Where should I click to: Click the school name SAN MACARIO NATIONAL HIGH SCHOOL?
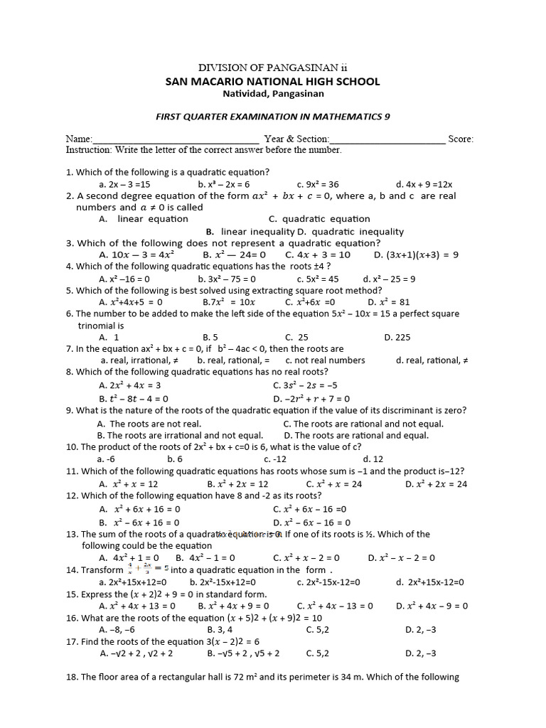tap(273, 81)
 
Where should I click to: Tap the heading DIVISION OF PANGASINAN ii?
tap(272, 67)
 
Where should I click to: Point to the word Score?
tap(461, 139)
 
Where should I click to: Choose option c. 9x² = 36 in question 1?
tap(318, 184)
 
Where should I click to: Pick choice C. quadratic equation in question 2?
tap(319, 219)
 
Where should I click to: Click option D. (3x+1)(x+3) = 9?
tap(416, 255)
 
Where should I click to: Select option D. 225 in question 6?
tap(397, 337)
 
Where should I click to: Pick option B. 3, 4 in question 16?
tap(220, 629)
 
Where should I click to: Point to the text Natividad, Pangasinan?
tap(273, 94)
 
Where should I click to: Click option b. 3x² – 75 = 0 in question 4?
tap(227, 279)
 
